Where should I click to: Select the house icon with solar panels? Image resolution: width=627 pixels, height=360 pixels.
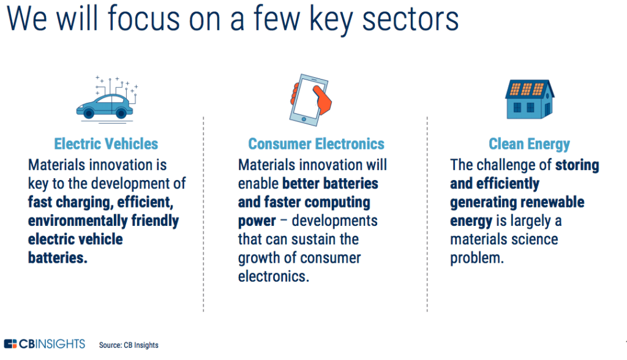(x=528, y=99)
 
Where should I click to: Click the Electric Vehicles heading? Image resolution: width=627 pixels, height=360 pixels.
(x=106, y=144)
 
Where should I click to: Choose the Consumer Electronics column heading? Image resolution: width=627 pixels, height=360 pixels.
(x=316, y=144)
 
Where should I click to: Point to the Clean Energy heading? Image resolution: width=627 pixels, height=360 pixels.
(x=529, y=144)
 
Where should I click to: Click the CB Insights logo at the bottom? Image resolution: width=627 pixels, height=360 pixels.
(x=44, y=343)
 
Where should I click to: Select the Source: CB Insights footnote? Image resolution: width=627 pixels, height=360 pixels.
(x=129, y=345)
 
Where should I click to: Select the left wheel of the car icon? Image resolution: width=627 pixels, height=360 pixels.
(x=89, y=113)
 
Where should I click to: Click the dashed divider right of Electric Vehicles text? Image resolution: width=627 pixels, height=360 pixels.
(x=203, y=214)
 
